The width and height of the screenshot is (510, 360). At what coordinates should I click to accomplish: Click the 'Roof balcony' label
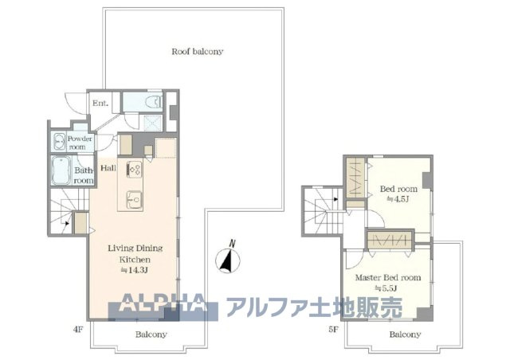(x=197, y=51)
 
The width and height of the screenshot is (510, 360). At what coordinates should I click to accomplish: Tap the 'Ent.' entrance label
(x=100, y=104)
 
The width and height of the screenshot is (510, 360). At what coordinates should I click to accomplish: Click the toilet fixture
(x=151, y=103)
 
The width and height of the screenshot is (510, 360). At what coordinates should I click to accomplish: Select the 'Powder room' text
(x=80, y=143)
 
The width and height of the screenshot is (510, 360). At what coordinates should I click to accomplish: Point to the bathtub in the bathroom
(x=62, y=170)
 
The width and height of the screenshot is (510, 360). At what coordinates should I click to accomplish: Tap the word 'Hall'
(x=108, y=168)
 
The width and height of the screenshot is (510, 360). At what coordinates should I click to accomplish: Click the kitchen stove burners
(x=133, y=170)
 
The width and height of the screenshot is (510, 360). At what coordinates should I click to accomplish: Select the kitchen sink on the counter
(x=133, y=196)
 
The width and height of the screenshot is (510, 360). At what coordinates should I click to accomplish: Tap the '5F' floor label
(x=334, y=326)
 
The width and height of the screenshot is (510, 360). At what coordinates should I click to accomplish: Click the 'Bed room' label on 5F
(x=396, y=189)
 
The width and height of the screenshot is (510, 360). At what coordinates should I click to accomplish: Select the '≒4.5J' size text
(x=396, y=199)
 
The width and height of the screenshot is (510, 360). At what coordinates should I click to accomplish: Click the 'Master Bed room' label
(x=388, y=277)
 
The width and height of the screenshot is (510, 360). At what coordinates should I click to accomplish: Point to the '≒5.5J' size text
(x=388, y=288)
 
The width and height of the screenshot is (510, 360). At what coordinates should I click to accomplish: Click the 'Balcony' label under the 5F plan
(x=405, y=335)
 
